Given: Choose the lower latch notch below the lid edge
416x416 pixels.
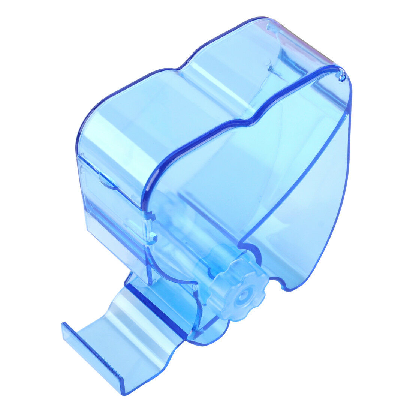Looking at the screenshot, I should pos(153,237).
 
